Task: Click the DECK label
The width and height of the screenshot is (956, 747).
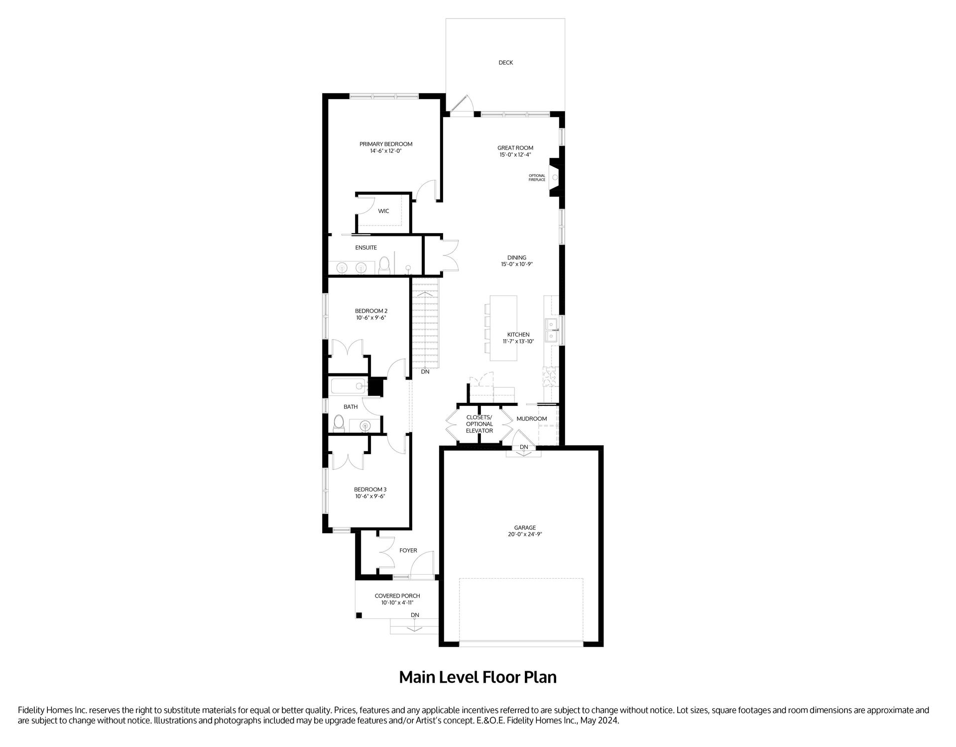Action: (505, 63)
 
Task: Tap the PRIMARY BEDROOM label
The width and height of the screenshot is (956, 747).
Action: (386, 144)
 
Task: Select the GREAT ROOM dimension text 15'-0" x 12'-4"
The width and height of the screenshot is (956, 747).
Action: (515, 155)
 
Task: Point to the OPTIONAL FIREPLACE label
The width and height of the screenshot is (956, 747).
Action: (537, 177)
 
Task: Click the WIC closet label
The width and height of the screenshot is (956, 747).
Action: (383, 211)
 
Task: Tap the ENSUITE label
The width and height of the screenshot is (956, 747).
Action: (366, 248)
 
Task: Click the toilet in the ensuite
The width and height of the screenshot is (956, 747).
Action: (384, 266)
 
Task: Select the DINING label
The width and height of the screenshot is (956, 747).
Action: (517, 258)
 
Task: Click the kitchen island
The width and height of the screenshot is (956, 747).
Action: (503, 328)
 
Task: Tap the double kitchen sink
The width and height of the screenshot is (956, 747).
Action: (552, 331)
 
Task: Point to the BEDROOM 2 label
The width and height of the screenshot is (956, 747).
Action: (371, 311)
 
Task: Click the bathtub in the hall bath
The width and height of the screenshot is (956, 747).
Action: (349, 387)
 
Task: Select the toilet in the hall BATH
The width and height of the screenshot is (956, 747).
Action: (339, 423)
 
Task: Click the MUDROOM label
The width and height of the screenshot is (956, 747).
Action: (532, 419)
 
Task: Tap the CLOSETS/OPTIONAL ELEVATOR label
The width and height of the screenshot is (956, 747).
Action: (479, 424)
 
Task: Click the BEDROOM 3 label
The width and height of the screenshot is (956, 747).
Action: (370, 490)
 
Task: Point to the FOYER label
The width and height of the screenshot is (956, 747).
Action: (408, 551)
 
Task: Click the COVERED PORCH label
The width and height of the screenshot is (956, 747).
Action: (397, 596)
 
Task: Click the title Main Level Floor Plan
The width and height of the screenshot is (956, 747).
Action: (478, 677)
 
